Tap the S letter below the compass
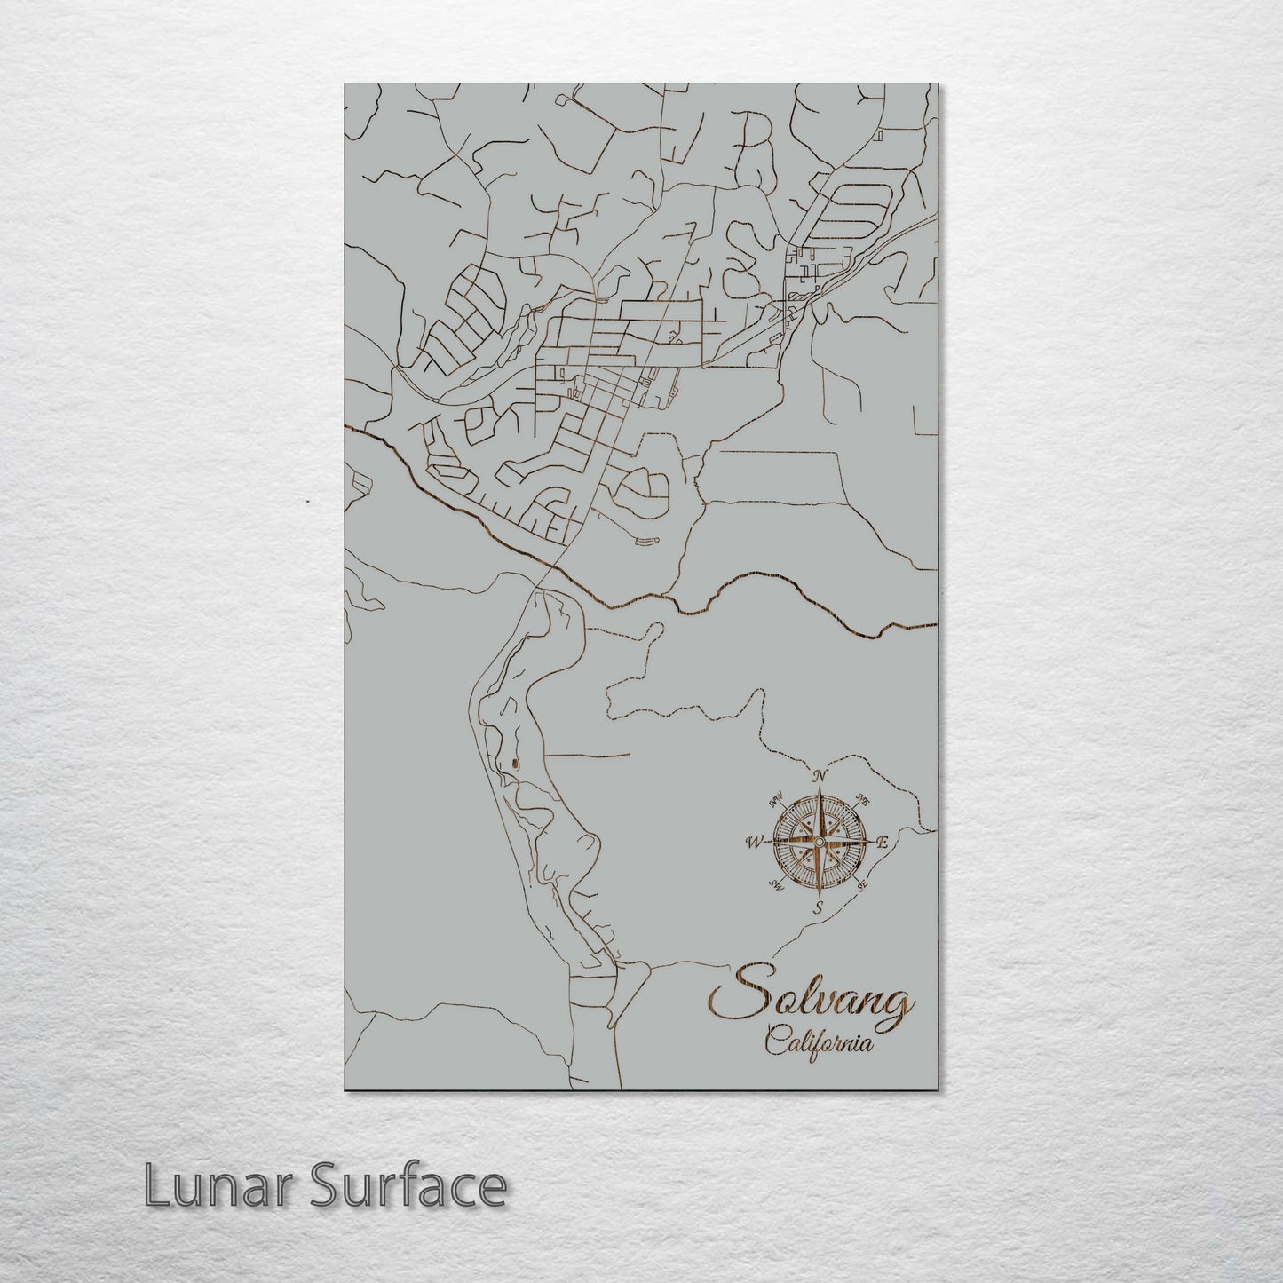[x=820, y=907]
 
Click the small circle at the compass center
[x=820, y=841]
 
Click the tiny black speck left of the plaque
[x=306, y=502]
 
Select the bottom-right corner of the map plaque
[x=938, y=1089]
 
